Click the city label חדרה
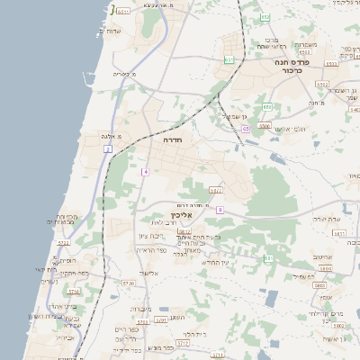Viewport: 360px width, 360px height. tap(173, 141)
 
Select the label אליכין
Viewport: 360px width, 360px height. tap(183, 215)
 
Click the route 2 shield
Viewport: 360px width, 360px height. tap(108, 148)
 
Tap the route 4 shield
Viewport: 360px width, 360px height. tap(145, 171)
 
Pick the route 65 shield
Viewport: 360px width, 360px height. tap(245, 129)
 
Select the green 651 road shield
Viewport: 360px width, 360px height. tap(229, 60)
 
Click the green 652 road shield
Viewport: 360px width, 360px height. tap(265, 17)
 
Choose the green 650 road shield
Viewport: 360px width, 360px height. tap(266, 107)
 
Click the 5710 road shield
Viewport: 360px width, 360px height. tap(74, 292)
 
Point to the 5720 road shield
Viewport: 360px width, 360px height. tap(128, 284)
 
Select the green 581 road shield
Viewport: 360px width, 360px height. tap(268, 258)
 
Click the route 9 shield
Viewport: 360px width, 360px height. tap(219, 210)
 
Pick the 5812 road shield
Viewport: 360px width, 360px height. tap(184, 232)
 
